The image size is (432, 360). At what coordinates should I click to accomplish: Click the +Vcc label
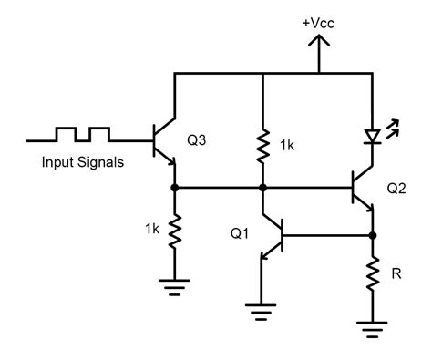click(318, 25)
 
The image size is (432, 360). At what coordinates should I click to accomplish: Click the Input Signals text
click(81, 164)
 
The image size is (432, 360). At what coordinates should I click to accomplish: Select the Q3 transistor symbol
click(167, 141)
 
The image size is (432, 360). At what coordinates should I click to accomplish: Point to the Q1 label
click(239, 232)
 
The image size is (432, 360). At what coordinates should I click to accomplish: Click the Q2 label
click(397, 190)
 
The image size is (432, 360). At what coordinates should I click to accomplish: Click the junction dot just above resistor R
click(372, 235)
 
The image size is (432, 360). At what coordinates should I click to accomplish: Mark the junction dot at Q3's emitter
click(173, 188)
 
